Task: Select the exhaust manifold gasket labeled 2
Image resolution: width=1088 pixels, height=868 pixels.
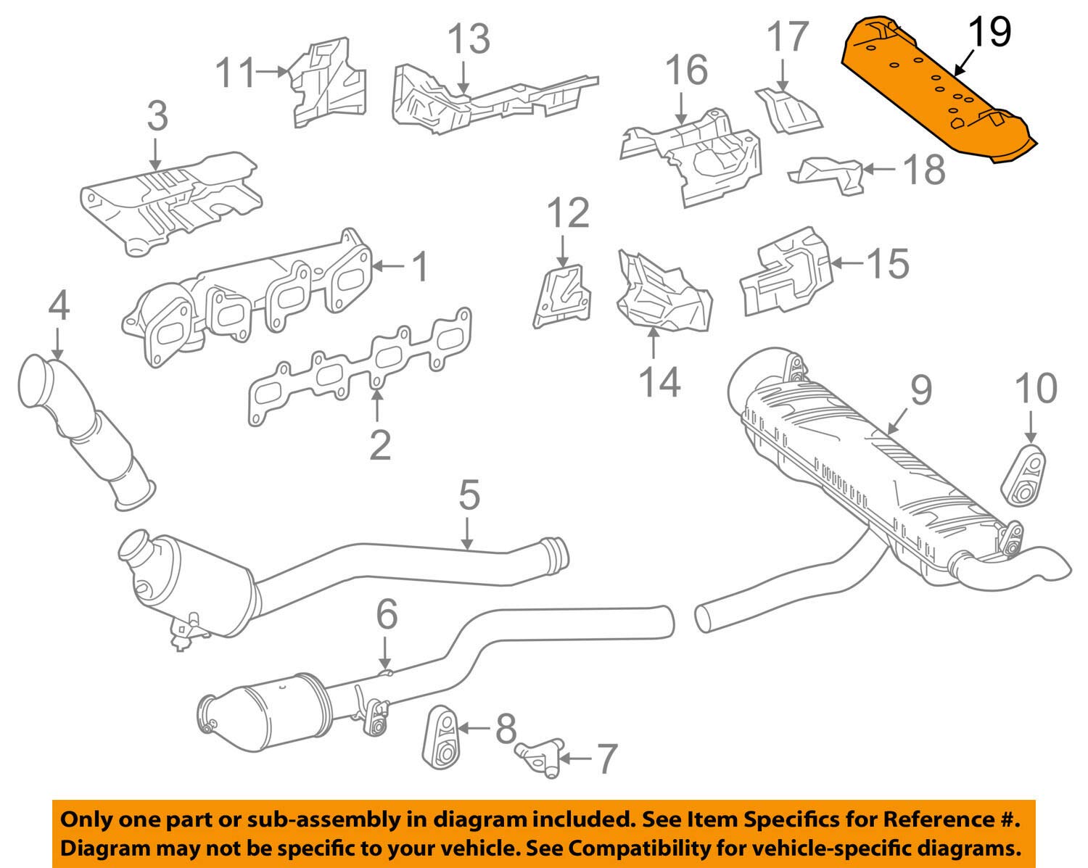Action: [360, 366]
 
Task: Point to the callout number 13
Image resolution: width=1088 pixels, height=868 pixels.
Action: [469, 39]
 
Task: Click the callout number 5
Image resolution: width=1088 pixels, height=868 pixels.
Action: [469, 495]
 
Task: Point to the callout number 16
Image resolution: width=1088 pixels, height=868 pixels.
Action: [687, 70]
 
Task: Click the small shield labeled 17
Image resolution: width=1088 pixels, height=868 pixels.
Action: [788, 111]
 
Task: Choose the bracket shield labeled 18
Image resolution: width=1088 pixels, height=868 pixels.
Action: [827, 175]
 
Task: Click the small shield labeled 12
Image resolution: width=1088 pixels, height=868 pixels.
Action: [562, 297]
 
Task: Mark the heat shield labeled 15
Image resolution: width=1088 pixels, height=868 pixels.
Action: [785, 273]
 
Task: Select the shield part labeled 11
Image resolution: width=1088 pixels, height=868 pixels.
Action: [329, 83]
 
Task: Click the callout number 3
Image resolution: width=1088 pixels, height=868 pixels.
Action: [157, 116]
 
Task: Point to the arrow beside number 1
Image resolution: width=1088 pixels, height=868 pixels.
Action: [389, 266]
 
